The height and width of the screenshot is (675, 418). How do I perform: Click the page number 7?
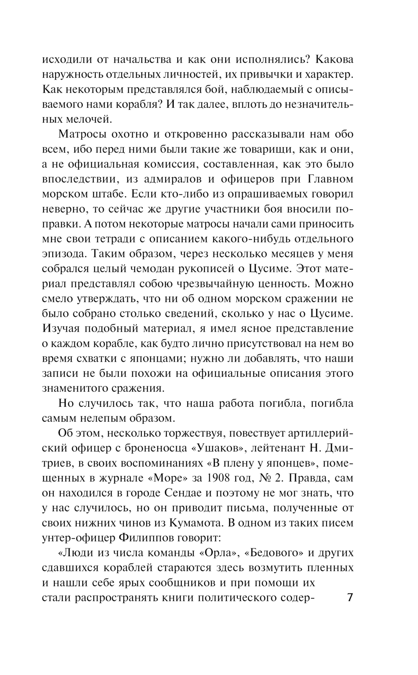click(x=350, y=597)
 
